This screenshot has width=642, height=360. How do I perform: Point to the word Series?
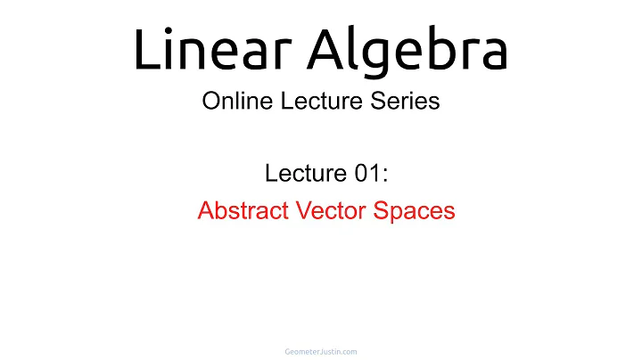pyautogui.click(x=405, y=101)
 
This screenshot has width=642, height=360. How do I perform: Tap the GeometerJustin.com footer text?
pyautogui.click(x=320, y=351)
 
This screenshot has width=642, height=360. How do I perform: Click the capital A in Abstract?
pyautogui.click(x=205, y=211)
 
